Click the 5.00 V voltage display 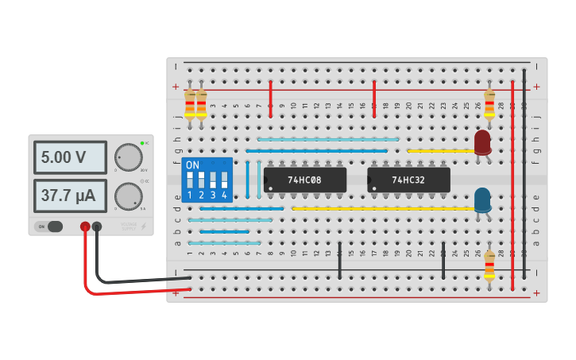pyautogui.click(x=70, y=157)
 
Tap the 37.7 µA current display pyautogui.click(x=70, y=195)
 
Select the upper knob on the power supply pyautogui.click(x=128, y=157)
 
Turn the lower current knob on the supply pyautogui.click(x=128, y=195)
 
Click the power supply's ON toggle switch pyautogui.click(x=49, y=226)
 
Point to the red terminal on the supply pyautogui.click(x=85, y=227)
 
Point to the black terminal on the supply pyautogui.click(x=97, y=227)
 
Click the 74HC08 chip pyautogui.click(x=305, y=180)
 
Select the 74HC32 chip pyautogui.click(x=408, y=180)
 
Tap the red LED pyautogui.click(x=482, y=142)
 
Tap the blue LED pyautogui.click(x=482, y=199)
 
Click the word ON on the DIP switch pyautogui.click(x=192, y=165)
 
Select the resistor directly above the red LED pyautogui.click(x=489, y=103)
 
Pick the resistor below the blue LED pyautogui.click(x=489, y=265)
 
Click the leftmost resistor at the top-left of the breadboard pyautogui.click(x=189, y=103)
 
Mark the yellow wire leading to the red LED pyautogui.click(x=441, y=150)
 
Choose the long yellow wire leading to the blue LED pyautogui.click(x=381, y=208)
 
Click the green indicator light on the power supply pyautogui.click(x=142, y=143)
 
